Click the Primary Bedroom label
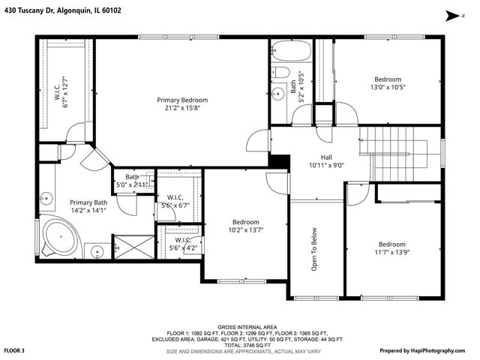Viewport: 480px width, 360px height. click(182, 100)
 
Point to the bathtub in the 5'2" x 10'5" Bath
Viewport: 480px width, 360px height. click(289, 50)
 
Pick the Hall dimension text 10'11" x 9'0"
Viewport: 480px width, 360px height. click(325, 165)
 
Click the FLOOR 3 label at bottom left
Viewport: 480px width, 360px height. click(15, 350)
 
